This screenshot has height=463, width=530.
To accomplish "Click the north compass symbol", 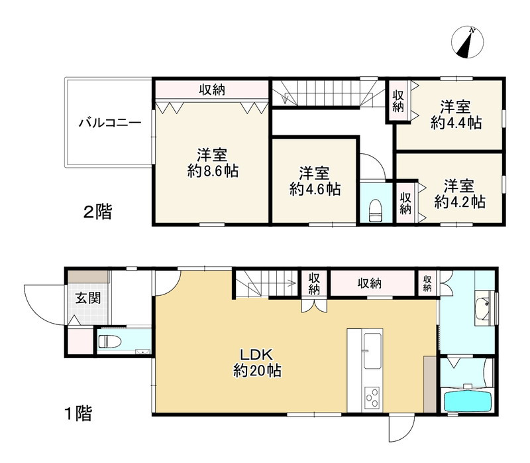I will click(x=467, y=42).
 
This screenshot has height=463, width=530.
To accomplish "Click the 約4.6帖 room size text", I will click(x=315, y=189).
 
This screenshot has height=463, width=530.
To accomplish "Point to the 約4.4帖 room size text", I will click(x=456, y=122).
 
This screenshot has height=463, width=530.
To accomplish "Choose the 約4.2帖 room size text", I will click(x=459, y=202).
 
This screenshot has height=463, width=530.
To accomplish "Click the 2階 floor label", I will click(x=97, y=213).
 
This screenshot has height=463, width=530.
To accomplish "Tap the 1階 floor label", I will click(x=78, y=415).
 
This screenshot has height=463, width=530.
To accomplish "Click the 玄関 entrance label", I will click(x=87, y=298).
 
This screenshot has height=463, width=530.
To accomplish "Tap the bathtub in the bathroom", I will click(x=467, y=401).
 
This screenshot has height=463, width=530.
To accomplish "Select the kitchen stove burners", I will click(x=370, y=398).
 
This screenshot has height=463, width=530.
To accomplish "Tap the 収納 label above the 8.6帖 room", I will click(x=211, y=90).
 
